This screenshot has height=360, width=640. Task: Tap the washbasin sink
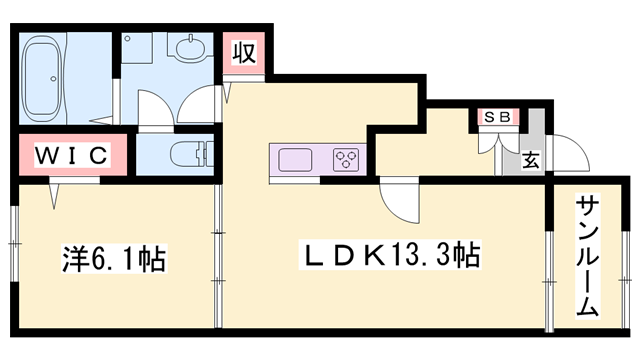click(x=188, y=48)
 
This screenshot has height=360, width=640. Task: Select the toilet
click(x=190, y=153)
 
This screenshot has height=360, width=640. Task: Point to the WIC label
click(x=72, y=156)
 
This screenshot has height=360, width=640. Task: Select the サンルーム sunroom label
click(x=587, y=258)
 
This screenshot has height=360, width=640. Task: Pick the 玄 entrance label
click(x=530, y=159)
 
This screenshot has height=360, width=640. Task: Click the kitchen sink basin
click(x=296, y=160)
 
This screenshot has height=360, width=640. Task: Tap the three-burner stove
click(x=346, y=160)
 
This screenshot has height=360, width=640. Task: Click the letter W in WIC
click(x=46, y=156)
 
